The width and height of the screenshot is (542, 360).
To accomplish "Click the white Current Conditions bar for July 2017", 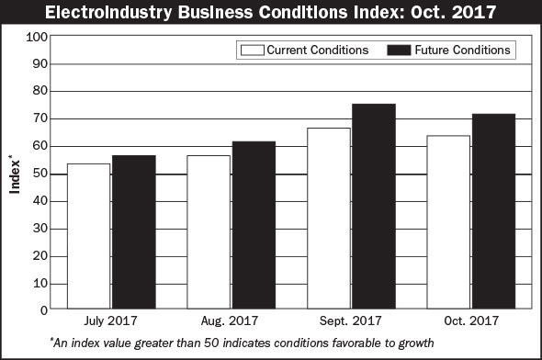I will click(89, 236).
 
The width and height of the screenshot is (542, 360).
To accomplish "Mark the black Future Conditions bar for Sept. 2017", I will click(373, 207).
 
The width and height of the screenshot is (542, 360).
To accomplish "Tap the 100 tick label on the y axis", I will click(37, 37).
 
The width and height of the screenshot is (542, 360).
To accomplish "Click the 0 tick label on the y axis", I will click(43, 310).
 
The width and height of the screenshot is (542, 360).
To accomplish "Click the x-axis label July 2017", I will click(111, 321).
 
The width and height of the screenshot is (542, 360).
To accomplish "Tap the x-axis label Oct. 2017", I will click(470, 321).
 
